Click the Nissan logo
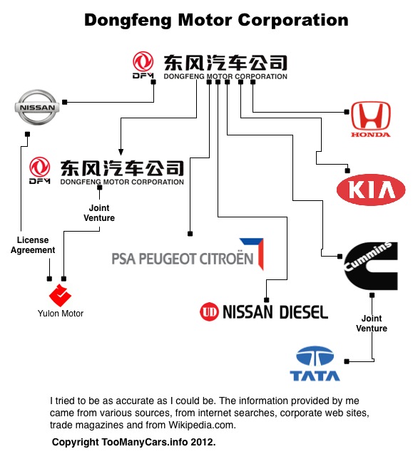(37, 107)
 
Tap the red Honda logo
(371, 119)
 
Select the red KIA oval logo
(371, 190)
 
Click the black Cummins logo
(371, 266)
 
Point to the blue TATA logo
(315, 363)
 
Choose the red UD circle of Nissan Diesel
(209, 311)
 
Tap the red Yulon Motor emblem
(60, 295)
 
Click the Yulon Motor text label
(61, 314)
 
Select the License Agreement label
(33, 245)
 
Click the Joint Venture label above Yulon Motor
(99, 213)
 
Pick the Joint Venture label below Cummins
(372, 324)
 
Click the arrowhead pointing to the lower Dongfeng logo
(121, 152)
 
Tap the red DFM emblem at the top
(143, 65)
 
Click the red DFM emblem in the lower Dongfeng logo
(40, 170)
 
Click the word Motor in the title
(205, 20)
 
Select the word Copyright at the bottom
(75, 442)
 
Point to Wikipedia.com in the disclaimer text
(201, 425)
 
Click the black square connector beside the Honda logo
(347, 112)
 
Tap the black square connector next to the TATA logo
(347, 361)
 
